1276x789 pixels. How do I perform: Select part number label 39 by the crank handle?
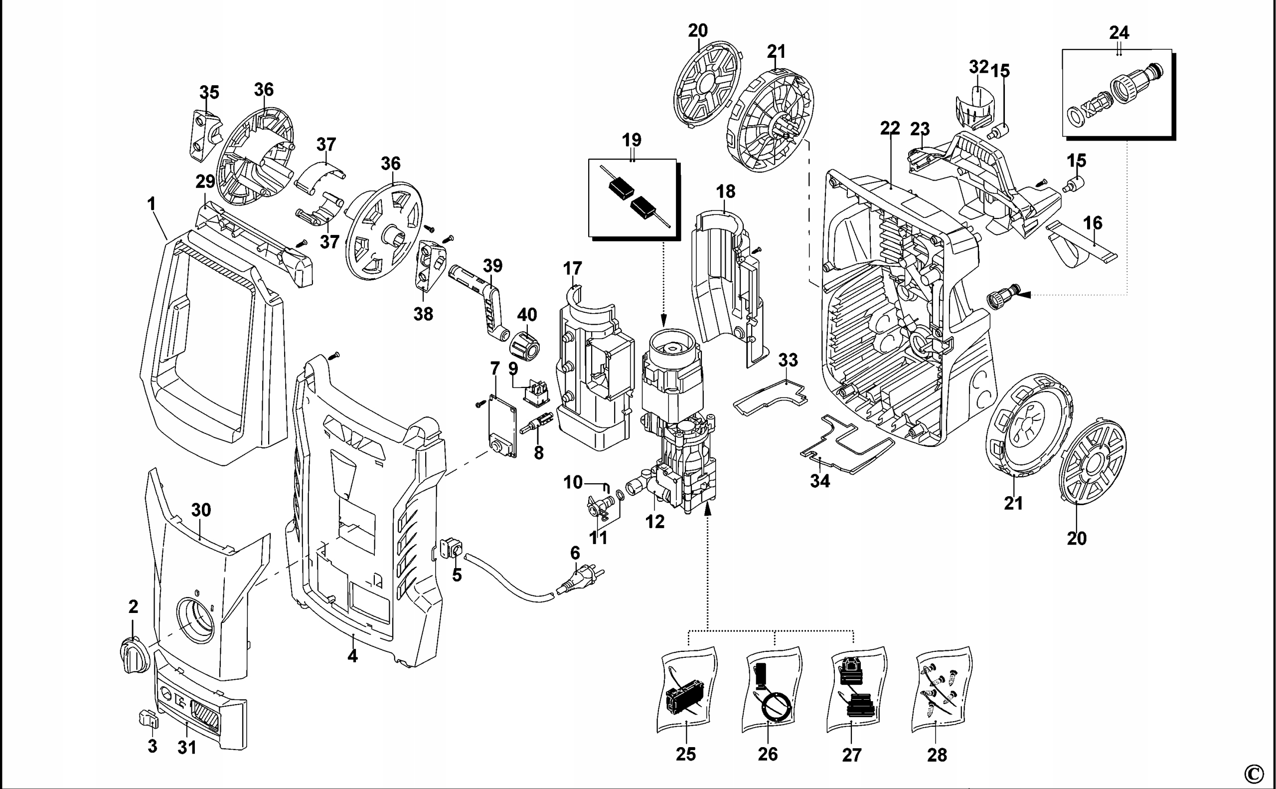click(x=493, y=266)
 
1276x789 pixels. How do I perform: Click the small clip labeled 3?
click(x=148, y=719)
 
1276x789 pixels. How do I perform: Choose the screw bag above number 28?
click(x=941, y=689)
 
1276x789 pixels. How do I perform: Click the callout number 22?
click(x=890, y=128)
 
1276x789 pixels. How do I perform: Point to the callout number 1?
click(x=152, y=203)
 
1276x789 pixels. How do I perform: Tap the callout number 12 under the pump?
click(x=655, y=521)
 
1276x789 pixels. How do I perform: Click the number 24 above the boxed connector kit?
click(x=1119, y=33)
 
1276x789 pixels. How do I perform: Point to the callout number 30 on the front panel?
click(x=201, y=510)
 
